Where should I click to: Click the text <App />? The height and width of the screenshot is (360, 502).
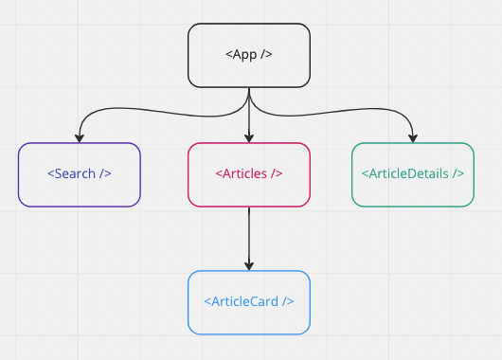[x=249, y=54]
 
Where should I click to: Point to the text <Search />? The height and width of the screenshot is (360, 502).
[x=80, y=174]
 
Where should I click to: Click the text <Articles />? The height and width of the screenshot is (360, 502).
[x=249, y=174]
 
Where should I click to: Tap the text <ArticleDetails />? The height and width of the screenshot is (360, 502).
[x=413, y=174]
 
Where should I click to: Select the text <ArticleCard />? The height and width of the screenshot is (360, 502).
[x=249, y=302]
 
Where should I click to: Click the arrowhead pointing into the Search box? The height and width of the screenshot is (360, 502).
[x=80, y=137]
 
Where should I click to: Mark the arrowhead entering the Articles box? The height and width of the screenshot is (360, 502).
[x=249, y=137]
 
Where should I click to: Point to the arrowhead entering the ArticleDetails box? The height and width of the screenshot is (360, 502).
[x=413, y=137]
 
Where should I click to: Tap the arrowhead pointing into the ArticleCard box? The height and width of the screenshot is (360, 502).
[x=249, y=265]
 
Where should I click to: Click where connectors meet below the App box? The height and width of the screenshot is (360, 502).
[x=249, y=98]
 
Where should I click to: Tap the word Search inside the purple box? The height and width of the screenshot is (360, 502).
[x=79, y=174]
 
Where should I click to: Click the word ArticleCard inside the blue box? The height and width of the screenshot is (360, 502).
[x=248, y=302]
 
